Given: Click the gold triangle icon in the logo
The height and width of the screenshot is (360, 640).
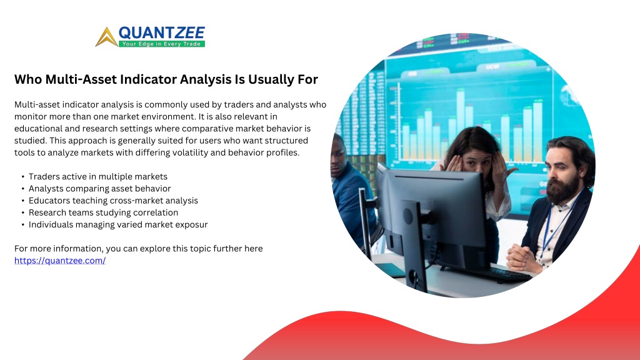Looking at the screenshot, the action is click(106, 37).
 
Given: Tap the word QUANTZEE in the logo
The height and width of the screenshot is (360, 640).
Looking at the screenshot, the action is click(162, 32).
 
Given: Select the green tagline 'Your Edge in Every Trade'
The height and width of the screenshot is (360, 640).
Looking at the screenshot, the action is click(162, 44).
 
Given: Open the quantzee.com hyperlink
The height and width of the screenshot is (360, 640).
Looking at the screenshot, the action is click(60, 261).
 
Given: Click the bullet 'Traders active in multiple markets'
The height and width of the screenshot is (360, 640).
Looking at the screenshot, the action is click(98, 176).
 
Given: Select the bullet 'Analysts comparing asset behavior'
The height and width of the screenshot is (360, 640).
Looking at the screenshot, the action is click(99, 189).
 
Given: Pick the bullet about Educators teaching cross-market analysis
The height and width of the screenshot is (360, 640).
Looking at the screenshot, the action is click(113, 201).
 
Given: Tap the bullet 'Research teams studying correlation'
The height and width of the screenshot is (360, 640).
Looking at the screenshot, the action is click(103, 212).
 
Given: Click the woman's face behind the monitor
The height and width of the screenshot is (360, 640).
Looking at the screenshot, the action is click(476, 162).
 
